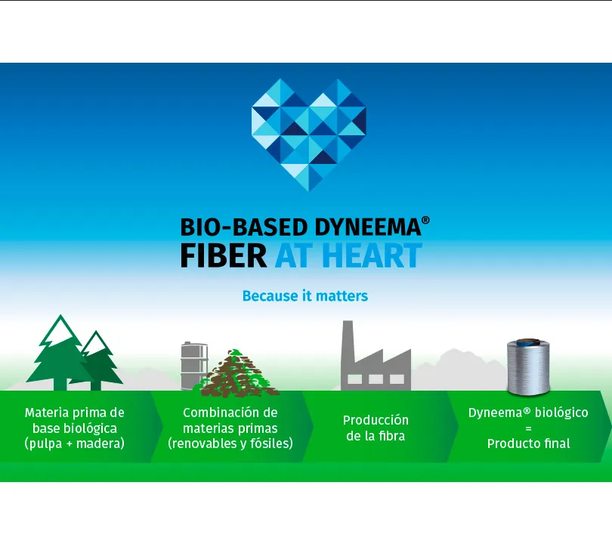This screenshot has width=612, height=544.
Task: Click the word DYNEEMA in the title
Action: [x=368, y=227]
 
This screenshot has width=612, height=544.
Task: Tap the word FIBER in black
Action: [x=224, y=255]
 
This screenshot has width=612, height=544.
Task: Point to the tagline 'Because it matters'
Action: [x=305, y=296]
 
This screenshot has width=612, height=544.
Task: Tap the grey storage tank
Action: [x=194, y=366]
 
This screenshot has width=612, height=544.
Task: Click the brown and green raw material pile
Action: [x=240, y=373]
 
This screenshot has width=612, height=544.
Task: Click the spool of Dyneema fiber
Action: [x=528, y=366]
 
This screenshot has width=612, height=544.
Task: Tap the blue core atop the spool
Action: [x=529, y=342]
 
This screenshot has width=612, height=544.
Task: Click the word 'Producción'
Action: [x=376, y=420]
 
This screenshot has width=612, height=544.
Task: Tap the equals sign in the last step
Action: [x=528, y=428]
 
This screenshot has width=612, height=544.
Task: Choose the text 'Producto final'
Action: [x=528, y=444]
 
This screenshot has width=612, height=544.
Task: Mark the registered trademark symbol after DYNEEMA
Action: [x=426, y=220]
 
